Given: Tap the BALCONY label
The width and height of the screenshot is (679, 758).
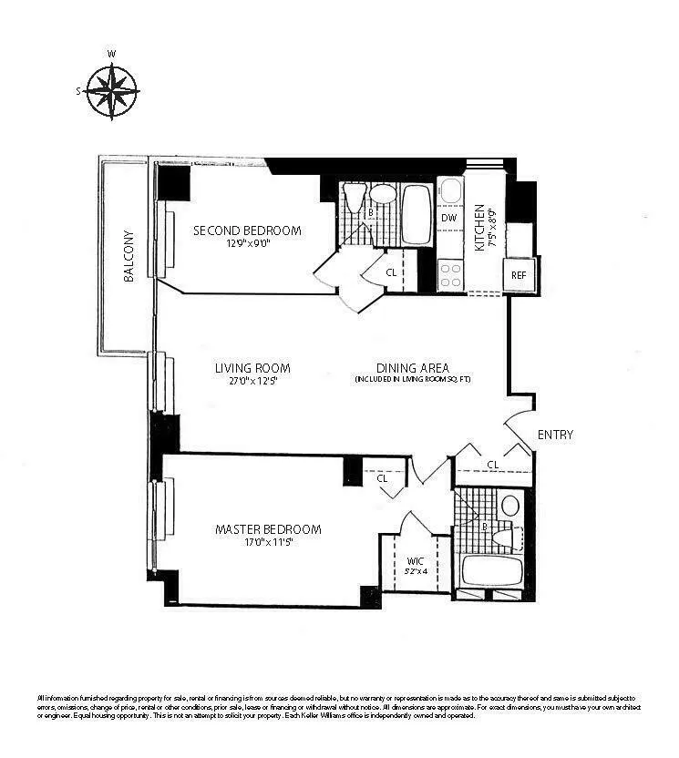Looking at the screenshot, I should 129,254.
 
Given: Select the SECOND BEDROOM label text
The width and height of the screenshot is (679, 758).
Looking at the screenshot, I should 247,230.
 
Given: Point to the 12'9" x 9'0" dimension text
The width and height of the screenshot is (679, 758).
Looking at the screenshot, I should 247,243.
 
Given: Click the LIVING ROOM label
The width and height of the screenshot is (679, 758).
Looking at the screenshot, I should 252,368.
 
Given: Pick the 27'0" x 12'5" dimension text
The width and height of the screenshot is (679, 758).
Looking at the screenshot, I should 252,381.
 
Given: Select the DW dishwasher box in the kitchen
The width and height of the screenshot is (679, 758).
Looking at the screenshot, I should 448,218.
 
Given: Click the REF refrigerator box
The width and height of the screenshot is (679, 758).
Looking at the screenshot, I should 519,274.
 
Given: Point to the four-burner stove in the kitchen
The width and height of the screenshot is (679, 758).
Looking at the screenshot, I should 449,274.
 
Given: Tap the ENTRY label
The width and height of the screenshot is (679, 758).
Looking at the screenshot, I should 555,435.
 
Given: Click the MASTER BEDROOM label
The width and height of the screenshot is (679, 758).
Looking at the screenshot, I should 268,529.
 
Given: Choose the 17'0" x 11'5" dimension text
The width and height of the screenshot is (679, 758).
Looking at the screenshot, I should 268,542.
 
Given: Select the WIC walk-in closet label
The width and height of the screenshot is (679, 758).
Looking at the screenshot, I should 415,560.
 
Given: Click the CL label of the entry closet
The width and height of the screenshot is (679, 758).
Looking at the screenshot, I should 492,465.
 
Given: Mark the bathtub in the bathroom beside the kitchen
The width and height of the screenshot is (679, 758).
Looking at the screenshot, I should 418,215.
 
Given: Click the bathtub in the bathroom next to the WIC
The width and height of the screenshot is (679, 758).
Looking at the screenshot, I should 491,571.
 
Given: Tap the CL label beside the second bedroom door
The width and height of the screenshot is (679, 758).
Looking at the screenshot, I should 391,271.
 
